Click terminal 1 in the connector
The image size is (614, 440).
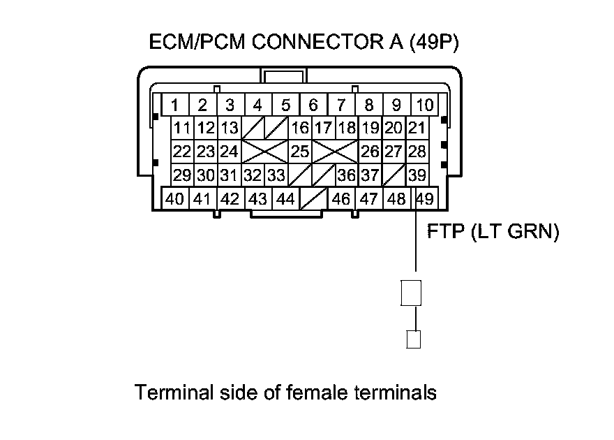[x=175, y=105]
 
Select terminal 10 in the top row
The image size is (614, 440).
[x=424, y=105]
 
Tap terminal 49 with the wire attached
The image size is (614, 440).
[x=424, y=199]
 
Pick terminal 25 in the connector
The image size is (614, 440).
[x=300, y=151]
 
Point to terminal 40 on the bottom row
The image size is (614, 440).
[x=175, y=199]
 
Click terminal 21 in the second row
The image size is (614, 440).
[x=417, y=129]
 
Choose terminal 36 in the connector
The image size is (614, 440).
[x=346, y=175]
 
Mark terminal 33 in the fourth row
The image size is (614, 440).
[x=276, y=175]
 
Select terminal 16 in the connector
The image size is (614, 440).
[x=300, y=129]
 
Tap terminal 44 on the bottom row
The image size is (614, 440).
[x=285, y=199]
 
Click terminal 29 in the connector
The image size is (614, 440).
[x=182, y=175]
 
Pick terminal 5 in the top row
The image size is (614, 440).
[x=285, y=105]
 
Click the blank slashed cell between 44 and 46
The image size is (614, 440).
[x=313, y=199]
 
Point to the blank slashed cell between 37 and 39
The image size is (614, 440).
[x=394, y=175]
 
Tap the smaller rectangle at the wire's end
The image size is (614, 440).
[x=414, y=339]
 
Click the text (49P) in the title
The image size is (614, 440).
[x=437, y=43]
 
